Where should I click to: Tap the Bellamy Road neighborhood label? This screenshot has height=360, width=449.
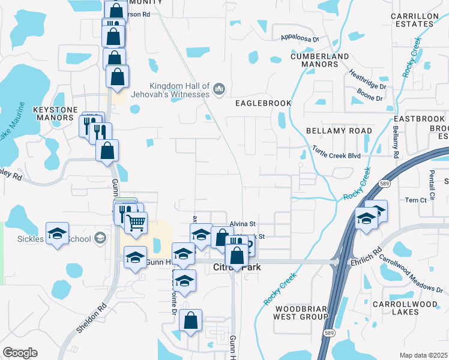click(x=339, y=131)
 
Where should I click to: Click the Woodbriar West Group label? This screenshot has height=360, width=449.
click(x=300, y=311)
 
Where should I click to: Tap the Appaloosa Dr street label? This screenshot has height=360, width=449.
click(x=300, y=39)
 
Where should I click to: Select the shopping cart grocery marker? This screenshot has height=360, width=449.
click(x=137, y=223)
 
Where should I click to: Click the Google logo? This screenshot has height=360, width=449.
click(x=20, y=352)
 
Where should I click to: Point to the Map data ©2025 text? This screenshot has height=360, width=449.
click(x=423, y=355)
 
